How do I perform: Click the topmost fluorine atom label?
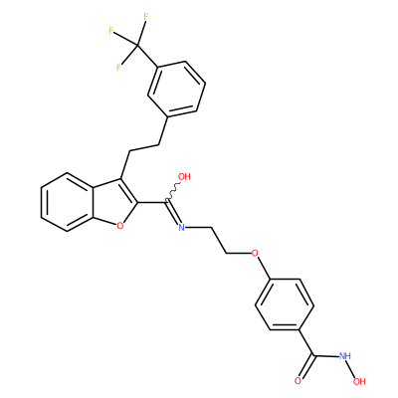145,17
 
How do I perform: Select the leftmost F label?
111,31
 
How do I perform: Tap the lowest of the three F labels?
118,68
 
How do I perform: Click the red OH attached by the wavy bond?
184,177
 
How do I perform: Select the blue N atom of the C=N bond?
181,227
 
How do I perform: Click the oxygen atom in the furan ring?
120,226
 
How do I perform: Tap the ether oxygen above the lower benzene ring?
255,254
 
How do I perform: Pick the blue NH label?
344,356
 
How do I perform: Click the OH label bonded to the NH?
359,381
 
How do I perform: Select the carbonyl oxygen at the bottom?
298,381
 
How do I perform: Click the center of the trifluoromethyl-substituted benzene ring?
176,89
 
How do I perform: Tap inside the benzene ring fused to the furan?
68,202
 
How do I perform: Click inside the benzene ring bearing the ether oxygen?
285,304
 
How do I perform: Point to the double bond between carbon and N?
174,213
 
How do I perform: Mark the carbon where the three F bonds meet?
136,46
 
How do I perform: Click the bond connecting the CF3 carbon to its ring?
147,57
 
